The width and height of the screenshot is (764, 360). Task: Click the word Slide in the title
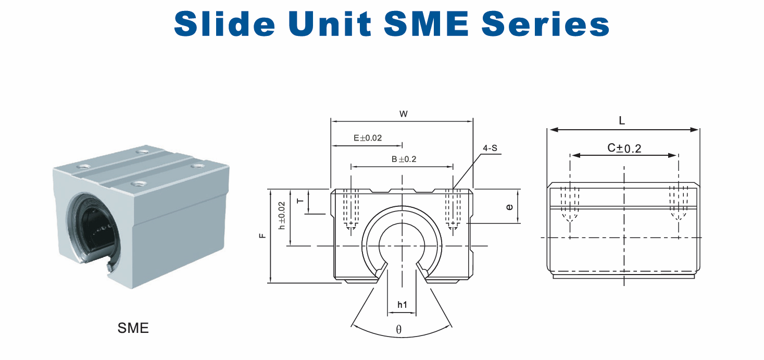[x=224, y=23]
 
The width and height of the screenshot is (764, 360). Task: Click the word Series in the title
[x=545, y=23]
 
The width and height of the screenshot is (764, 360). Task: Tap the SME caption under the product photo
[x=133, y=328]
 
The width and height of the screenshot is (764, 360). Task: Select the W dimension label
[x=404, y=114]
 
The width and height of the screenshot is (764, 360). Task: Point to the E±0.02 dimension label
[x=368, y=138]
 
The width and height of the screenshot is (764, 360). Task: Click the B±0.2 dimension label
[x=404, y=159]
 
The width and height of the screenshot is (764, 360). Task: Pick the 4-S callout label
[x=490, y=148]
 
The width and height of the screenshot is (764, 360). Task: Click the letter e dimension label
[x=509, y=207]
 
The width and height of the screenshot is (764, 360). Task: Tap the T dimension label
[x=300, y=201]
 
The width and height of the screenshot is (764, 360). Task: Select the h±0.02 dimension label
[x=282, y=216]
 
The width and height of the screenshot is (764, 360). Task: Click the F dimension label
[x=262, y=235]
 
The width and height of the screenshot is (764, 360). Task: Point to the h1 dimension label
[x=403, y=305]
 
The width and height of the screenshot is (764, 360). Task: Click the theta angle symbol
[x=399, y=329]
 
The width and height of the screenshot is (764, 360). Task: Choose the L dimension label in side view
[x=622, y=120]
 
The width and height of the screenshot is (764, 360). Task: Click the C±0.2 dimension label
[x=624, y=148]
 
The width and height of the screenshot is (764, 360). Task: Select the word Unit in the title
[x=330, y=23]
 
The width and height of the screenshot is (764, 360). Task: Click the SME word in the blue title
[x=427, y=23]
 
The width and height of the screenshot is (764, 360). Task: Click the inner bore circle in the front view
[x=379, y=246]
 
